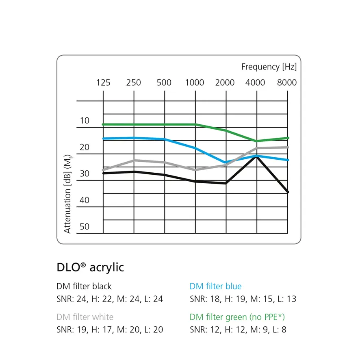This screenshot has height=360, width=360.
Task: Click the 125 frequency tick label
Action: click(103, 82)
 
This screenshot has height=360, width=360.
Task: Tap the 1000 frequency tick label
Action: click(195, 82)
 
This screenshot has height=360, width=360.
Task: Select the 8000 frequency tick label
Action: click(287, 82)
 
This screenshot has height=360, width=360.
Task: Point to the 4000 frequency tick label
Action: click(255, 82)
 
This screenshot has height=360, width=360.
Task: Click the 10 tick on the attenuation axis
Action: click(85, 121)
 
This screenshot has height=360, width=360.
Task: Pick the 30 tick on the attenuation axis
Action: click(85, 173)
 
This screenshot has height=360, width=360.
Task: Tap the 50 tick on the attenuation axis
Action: click(85, 227)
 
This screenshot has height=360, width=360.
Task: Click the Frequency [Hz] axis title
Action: click(269, 67)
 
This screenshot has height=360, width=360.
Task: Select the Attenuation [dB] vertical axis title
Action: click(67, 194)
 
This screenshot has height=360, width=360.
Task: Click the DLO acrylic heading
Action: click(90, 267)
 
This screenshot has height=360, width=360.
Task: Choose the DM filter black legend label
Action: click(84, 286)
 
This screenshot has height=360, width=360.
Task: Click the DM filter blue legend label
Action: click(216, 286)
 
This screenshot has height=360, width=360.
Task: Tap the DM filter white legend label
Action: click(85, 317)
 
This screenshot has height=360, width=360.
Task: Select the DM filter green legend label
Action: click(237, 317)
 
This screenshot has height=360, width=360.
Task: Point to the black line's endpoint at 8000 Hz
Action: click(288, 192)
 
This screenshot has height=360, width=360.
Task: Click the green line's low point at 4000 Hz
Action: click(257, 141)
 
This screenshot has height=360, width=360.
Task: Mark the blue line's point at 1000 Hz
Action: click(195, 148)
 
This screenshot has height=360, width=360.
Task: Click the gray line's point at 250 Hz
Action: click(134, 160)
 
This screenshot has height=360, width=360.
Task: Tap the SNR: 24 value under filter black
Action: click(72, 299)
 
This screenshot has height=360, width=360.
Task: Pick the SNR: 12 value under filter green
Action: click(206, 330)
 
